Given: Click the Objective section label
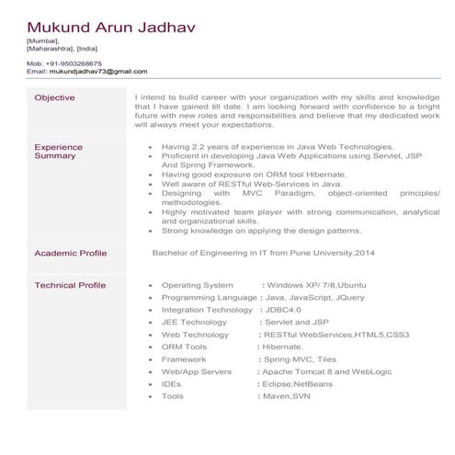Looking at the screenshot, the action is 54,97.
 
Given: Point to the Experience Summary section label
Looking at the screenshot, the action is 58,152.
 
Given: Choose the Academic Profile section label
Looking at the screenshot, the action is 70,253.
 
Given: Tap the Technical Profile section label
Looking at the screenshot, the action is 70,286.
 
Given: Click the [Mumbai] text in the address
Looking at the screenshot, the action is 42,40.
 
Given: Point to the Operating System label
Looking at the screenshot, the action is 197,286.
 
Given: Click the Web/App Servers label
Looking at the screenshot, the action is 197,371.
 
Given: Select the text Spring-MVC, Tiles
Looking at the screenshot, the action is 301,359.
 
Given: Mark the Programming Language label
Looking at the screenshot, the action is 210,298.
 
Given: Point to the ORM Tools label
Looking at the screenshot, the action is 184,347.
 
